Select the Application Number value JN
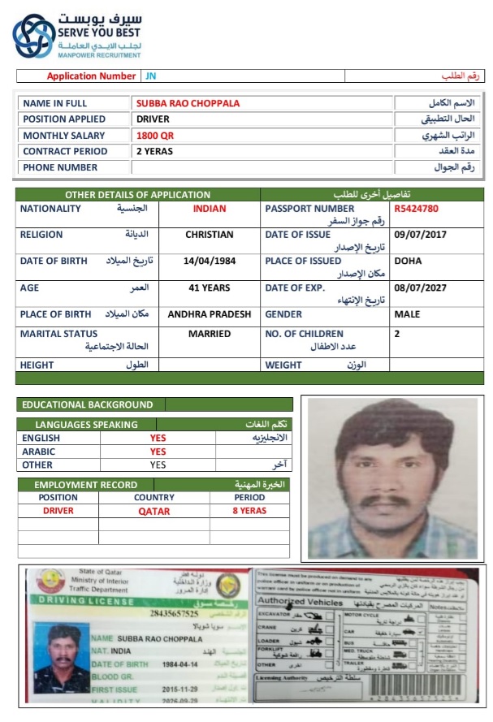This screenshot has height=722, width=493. point(150,76)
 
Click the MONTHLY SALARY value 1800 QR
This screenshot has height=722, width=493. point(154,136)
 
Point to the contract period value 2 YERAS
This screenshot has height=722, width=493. point(154,151)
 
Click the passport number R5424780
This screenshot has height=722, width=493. point(417,209)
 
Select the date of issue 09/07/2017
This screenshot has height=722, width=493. point(420,235)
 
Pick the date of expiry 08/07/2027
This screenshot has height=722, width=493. point(420,288)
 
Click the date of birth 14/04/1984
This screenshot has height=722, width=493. point(209,262)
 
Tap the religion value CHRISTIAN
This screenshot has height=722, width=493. point(209,235)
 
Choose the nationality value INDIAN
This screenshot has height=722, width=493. point(209,209)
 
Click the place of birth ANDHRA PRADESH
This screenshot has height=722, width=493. point(209,314)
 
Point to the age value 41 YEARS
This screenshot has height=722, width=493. point(209,288)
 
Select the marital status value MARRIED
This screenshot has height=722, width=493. point(209,334)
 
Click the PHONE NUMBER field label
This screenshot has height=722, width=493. point(60,167)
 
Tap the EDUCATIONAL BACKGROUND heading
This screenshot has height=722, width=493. point(87,404)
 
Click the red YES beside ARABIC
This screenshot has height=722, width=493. point(158,452)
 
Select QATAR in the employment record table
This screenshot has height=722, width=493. point(154,511)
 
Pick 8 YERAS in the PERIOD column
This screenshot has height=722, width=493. point(249,511)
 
